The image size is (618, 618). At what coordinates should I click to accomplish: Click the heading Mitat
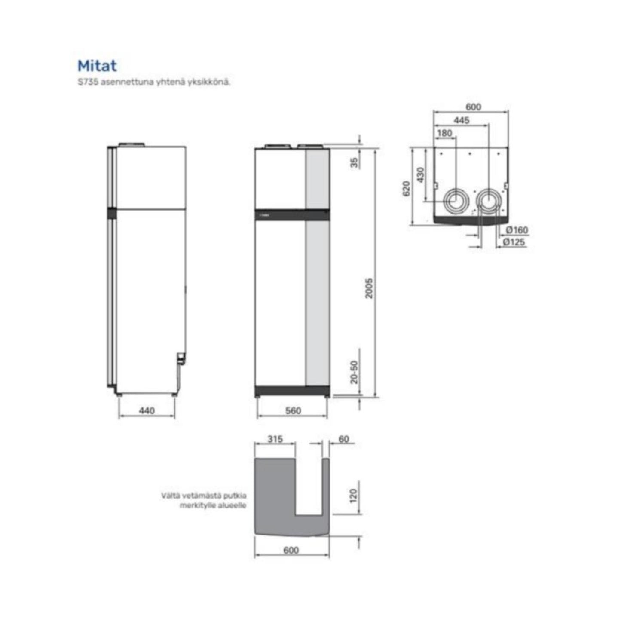point(97,66)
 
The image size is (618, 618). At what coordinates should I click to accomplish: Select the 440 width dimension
point(147,410)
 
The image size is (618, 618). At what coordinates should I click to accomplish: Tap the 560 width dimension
point(293,410)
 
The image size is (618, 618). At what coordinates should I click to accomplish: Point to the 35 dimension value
point(354,162)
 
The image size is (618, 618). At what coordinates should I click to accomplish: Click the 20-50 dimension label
point(354,372)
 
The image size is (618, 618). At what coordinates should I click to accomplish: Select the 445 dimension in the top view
point(462,120)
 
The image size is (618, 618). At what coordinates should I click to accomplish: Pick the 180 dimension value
point(444,133)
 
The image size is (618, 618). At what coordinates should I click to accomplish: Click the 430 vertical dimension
point(420,174)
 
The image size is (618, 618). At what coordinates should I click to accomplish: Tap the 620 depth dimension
point(406,189)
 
